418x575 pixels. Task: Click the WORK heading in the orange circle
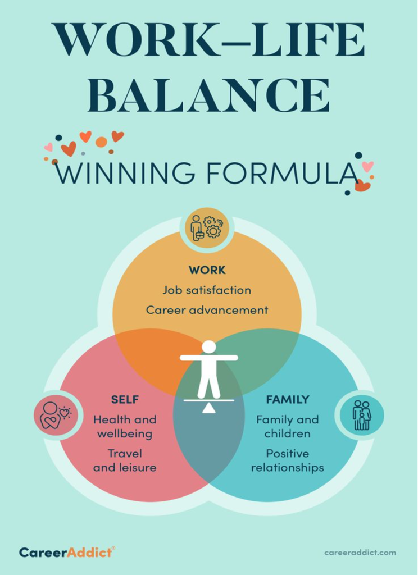pos(207,270)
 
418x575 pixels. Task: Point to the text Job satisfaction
pos(207,290)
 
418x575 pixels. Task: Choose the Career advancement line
pos(207,310)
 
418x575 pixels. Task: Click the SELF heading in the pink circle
pos(125,400)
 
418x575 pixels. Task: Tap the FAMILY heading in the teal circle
pos(288,400)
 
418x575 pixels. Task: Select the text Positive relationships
pos(288,460)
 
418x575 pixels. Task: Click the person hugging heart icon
pos(54,416)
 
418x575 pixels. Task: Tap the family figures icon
pos(361,416)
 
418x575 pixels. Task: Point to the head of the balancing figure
pos(209,347)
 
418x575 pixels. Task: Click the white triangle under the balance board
pos(209,408)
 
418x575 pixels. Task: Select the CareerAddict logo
pos(67,552)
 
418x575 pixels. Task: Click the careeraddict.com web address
pos(360,553)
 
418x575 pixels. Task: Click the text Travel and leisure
pos(125,460)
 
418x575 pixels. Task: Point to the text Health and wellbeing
pos(125,426)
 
